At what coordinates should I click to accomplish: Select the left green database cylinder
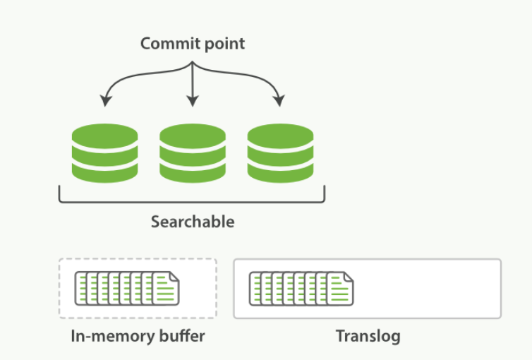click(x=104, y=152)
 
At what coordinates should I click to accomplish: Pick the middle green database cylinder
click(x=193, y=152)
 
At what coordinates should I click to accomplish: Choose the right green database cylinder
click(x=280, y=152)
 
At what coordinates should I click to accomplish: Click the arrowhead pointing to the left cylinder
click(x=106, y=101)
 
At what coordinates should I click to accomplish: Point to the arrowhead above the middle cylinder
click(x=193, y=102)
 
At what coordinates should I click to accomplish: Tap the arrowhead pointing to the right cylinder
click(x=279, y=101)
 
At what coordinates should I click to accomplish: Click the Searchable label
click(x=192, y=222)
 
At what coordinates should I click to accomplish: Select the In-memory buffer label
click(x=138, y=335)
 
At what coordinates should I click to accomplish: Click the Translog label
click(x=368, y=335)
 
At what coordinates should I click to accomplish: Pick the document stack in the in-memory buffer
click(x=127, y=289)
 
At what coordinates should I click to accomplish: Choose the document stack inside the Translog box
click(x=301, y=289)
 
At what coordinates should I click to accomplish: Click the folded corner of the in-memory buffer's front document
click(x=173, y=278)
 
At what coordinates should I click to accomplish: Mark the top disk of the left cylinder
click(x=104, y=134)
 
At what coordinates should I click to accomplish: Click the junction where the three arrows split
click(x=193, y=63)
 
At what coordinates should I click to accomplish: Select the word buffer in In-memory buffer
click(x=181, y=335)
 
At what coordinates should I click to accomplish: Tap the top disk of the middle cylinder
click(x=193, y=134)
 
